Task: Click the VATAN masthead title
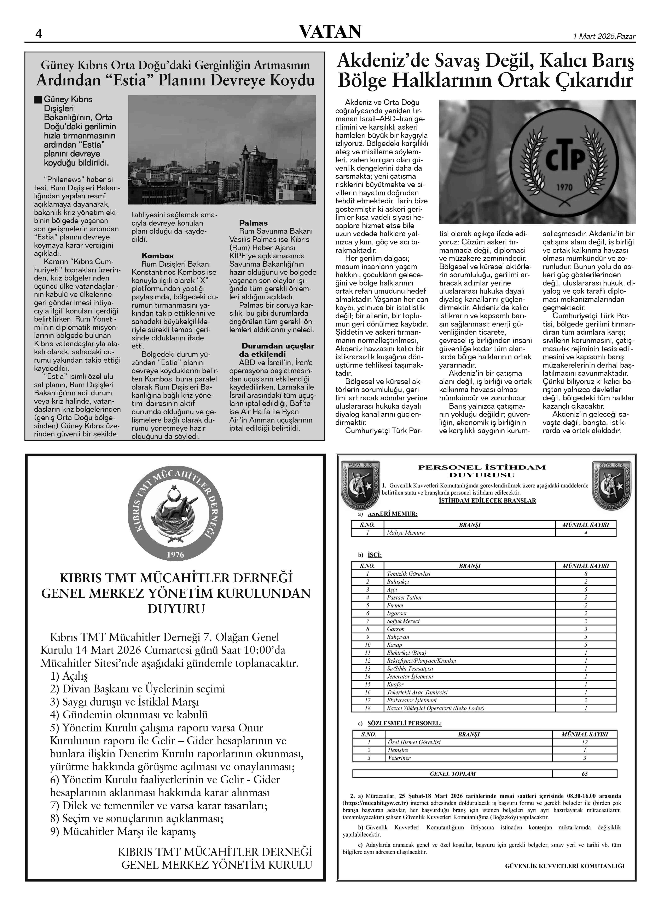point(330,32)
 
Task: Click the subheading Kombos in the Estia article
point(157,256)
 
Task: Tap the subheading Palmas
point(253,223)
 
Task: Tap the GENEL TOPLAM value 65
point(585,774)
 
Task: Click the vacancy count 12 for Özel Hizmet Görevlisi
point(585,742)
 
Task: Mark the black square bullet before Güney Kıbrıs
point(38,99)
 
